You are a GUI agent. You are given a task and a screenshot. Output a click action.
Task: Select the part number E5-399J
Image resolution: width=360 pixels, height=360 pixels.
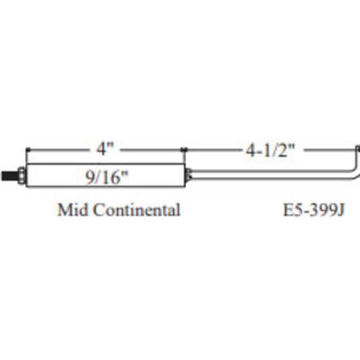[313, 210]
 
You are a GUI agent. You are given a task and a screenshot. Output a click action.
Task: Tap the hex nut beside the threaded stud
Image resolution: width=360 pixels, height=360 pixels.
[23, 178]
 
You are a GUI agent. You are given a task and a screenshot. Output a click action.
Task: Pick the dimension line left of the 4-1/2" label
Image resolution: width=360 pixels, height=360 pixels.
[209, 150]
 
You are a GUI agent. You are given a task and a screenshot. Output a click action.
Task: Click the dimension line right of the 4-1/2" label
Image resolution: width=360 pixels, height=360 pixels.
[328, 150]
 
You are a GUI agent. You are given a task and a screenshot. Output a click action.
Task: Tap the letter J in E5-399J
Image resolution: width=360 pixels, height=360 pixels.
[341, 210]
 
